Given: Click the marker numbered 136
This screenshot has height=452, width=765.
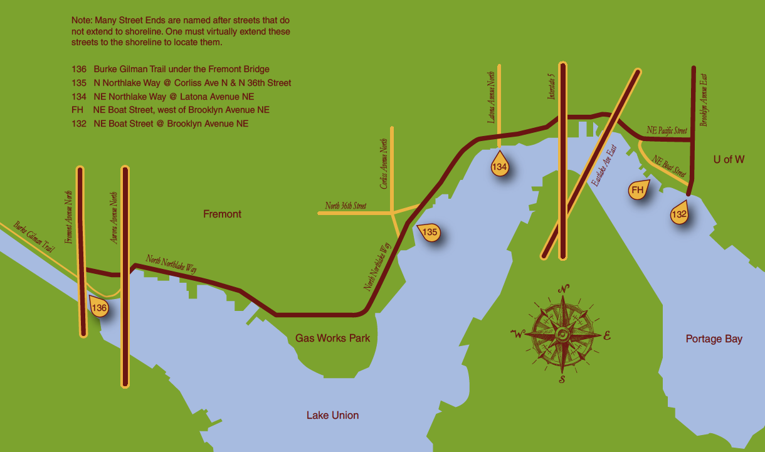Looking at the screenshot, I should coord(99,308).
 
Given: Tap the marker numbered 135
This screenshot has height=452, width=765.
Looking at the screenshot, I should coord(430,233).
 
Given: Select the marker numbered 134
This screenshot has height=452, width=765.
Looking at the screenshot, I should coord(499,167).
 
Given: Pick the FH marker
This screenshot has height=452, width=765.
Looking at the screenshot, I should coord(638,190).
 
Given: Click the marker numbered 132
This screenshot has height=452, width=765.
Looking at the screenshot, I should coord(679,214).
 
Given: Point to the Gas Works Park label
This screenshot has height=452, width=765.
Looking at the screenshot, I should coord(332,339).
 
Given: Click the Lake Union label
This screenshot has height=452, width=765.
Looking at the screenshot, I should coord(332,415).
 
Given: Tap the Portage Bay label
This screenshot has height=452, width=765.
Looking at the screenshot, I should coord(714,339).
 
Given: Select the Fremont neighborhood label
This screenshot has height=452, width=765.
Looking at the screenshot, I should coord(222,214).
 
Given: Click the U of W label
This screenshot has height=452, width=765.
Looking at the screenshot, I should coord(729,160).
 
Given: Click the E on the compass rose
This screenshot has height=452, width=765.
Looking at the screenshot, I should coord(606,335).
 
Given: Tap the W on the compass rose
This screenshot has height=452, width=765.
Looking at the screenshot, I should coord(517,334).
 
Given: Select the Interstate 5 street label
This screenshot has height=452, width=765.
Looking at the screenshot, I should coord(552,87).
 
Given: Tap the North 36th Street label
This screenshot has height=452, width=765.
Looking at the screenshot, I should coord(346,206).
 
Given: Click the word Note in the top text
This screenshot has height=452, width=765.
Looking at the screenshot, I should coord(81,21).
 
